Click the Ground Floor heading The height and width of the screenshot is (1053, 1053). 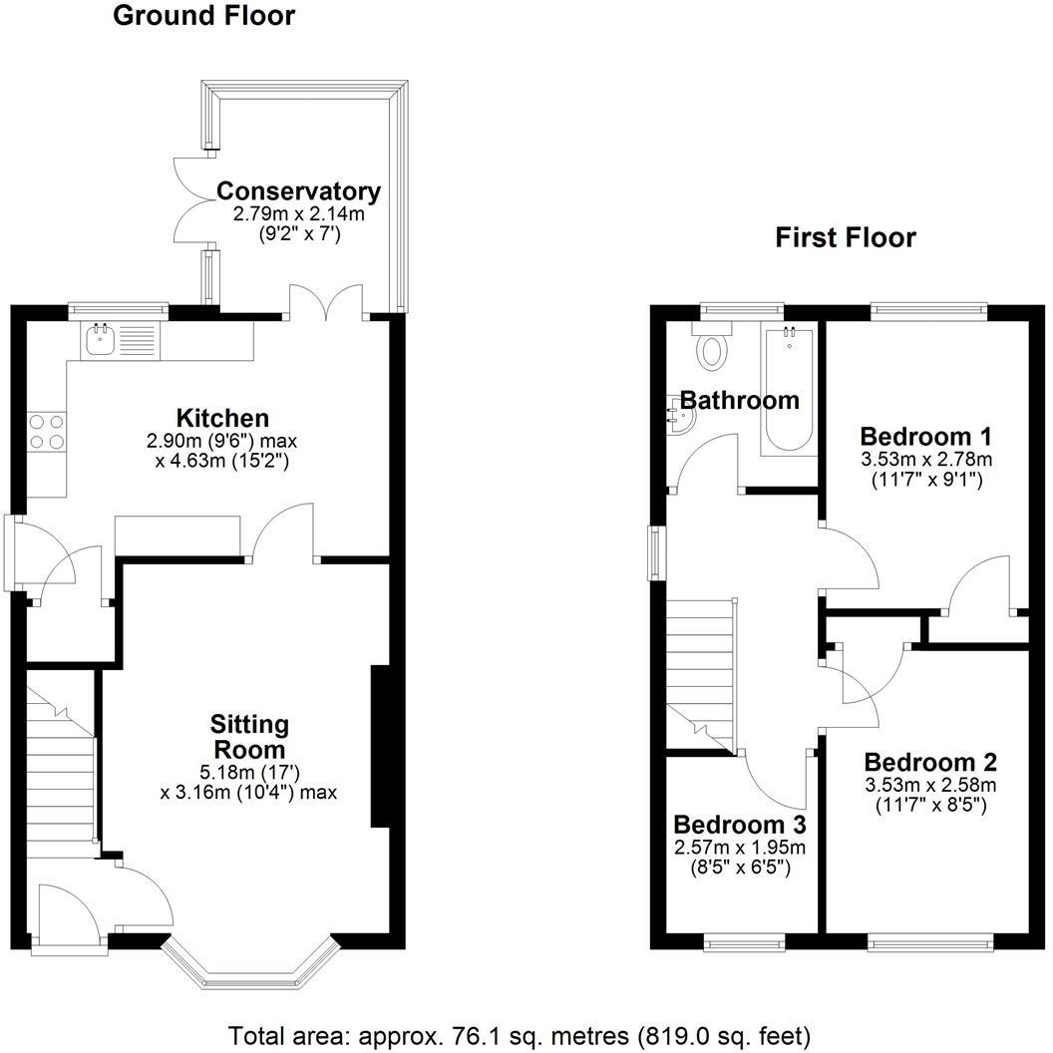203,16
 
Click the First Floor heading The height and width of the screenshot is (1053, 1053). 846,237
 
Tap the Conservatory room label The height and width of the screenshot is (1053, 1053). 298,190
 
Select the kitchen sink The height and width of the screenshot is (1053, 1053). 101,341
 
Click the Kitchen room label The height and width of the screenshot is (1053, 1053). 222,417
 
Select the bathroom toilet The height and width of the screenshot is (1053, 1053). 713,349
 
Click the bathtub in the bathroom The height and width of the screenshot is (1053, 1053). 788,391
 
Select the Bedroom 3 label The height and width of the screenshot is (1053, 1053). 739,825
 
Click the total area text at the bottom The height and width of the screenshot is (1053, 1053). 520,1034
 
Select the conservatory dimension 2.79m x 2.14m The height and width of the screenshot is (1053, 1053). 298,213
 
